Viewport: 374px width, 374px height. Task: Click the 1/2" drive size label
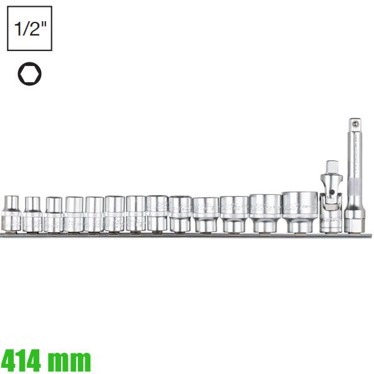pos(29,29)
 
